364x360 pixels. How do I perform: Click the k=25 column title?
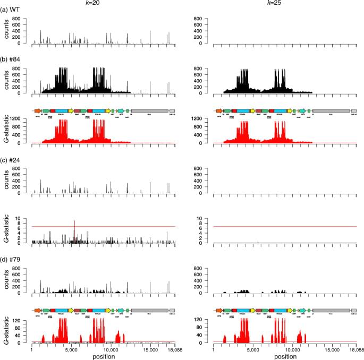pyautogui.click(x=283, y=4)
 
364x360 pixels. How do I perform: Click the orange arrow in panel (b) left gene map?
pyautogui.click(x=37, y=110)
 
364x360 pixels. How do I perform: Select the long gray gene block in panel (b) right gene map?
pyautogui.click(x=331, y=110)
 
